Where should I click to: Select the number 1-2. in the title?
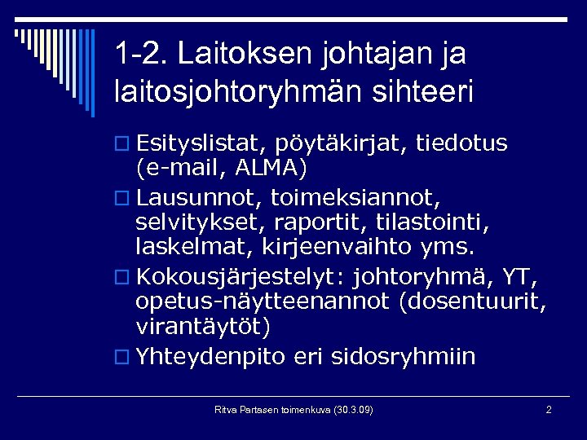(142, 54)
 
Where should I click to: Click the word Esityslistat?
(198, 144)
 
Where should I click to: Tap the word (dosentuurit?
(474, 302)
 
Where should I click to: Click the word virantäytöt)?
(202, 327)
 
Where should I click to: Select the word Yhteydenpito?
(211, 357)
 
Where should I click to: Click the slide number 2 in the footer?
(549, 409)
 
